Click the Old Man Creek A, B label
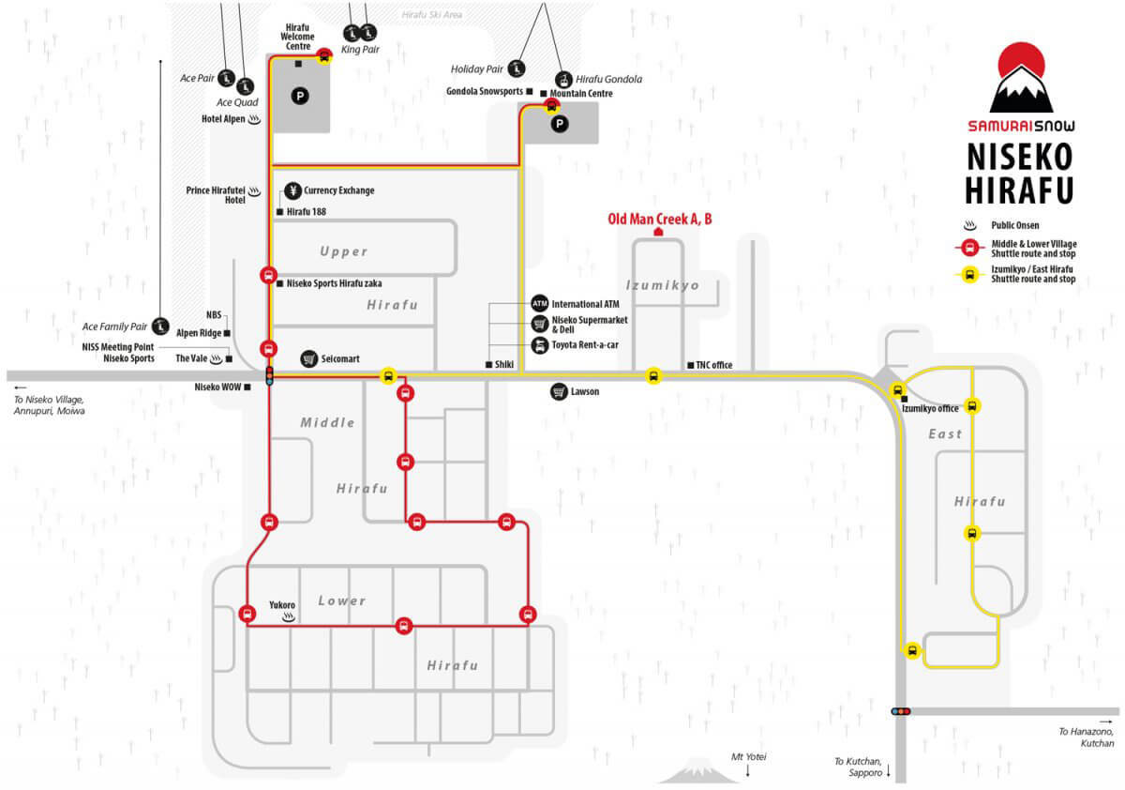(659, 220)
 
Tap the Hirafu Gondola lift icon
(563, 80)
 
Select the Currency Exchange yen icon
(292, 190)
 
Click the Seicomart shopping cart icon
(308, 358)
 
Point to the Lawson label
(585, 391)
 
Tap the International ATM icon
(539, 304)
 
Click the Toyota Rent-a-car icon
(539, 345)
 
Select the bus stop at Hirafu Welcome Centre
(324, 56)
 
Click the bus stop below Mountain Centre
(551, 107)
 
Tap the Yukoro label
(282, 604)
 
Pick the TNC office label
(713, 365)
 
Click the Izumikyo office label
(930, 408)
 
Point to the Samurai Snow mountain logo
(1021, 78)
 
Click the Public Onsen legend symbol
(969, 225)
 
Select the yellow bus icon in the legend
(969, 275)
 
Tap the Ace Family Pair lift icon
(160, 327)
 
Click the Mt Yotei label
(748, 757)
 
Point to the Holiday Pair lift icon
(516, 68)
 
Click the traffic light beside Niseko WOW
(270, 376)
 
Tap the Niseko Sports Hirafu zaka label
(334, 283)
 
